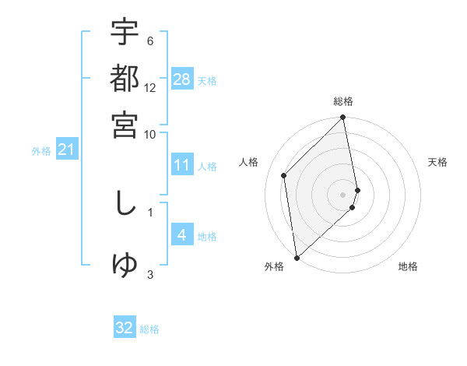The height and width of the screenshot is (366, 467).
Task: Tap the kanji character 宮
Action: (125, 125)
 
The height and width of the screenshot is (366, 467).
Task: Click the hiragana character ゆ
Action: (125, 265)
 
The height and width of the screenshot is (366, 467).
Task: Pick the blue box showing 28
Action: (182, 79)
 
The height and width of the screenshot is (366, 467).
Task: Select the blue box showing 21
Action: (65, 150)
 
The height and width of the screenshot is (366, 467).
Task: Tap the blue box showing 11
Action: (182, 165)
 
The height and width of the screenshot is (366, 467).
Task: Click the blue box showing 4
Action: (182, 235)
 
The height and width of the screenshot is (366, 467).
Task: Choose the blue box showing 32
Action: (125, 328)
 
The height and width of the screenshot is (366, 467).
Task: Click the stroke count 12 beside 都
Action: (150, 87)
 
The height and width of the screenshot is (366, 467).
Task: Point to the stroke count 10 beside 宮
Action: (150, 134)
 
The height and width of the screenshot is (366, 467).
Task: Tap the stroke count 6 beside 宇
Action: (150, 40)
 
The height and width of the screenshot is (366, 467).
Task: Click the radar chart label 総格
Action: (343, 101)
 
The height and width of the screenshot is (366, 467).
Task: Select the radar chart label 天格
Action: (437, 162)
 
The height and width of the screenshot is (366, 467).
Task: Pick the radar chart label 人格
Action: (249, 162)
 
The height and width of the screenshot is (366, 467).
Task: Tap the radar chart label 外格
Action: (274, 267)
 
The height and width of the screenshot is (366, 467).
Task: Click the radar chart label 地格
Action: (408, 267)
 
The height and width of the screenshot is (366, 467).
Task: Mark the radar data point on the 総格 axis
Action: (343, 118)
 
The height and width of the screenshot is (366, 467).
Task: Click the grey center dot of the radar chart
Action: (343, 195)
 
